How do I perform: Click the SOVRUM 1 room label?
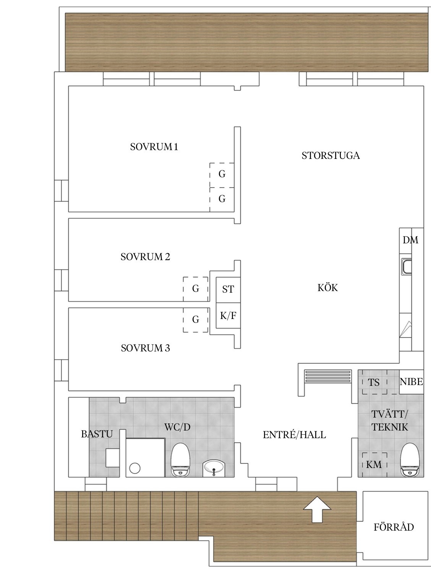point(154,147)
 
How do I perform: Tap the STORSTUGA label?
point(331,155)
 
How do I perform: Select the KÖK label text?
point(327,288)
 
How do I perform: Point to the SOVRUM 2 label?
point(145,257)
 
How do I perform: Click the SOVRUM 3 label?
point(146,348)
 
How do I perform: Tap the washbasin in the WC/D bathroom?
point(214,468)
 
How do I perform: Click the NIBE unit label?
point(411,382)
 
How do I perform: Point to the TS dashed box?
point(374,382)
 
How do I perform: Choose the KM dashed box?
point(374,465)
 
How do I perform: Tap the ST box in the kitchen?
point(228,290)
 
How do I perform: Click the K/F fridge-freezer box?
point(228,316)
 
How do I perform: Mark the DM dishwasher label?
point(410,240)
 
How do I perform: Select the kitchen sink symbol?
point(407,267)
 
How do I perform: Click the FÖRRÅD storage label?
point(394,527)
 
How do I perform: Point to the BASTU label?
point(97,434)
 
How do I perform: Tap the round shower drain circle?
point(135,468)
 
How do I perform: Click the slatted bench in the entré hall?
point(328,376)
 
